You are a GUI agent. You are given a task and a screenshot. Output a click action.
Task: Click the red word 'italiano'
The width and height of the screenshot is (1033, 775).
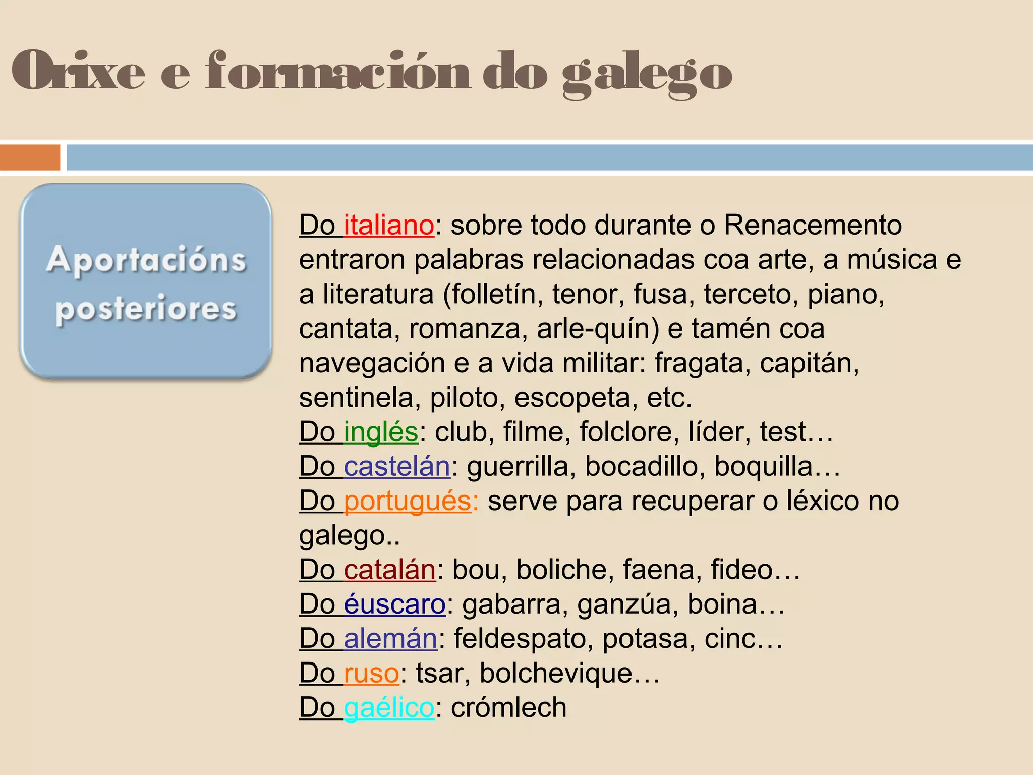point(388,225)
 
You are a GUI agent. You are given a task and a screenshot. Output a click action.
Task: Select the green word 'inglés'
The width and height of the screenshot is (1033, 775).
point(381,432)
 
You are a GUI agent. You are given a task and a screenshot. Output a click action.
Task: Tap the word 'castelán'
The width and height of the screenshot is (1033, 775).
point(396,467)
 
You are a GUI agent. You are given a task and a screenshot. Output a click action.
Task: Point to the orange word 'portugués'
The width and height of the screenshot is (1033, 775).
point(407,502)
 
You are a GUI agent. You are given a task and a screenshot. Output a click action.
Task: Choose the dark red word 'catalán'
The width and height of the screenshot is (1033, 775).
point(389,570)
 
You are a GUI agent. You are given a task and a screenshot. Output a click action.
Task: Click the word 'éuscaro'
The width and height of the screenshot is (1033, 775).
point(394,604)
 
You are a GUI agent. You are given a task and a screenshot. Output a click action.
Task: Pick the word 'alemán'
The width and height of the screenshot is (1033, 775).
point(390,639)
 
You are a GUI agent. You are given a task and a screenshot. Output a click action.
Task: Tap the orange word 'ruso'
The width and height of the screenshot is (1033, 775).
point(371,674)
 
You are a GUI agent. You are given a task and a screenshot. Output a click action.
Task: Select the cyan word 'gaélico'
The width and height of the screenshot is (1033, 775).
point(389,708)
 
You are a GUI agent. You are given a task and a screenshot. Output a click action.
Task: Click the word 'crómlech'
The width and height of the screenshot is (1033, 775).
point(508,708)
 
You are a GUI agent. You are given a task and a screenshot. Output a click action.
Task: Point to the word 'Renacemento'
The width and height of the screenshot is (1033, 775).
point(813,225)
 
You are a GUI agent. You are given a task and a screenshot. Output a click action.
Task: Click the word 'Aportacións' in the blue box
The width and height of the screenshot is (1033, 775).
point(146,260)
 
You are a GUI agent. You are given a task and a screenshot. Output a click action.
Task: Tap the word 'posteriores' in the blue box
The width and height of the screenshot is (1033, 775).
point(146,308)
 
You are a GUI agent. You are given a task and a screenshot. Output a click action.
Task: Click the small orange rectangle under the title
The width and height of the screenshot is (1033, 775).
point(30,157)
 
